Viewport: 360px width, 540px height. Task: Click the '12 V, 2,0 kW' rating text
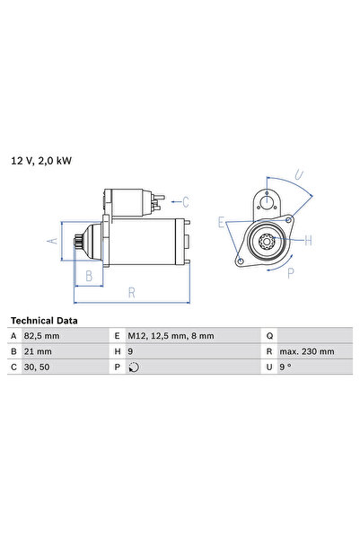click(x=40, y=161)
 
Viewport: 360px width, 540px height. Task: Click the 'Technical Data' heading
click(x=44, y=321)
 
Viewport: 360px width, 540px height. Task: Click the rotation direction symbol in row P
click(x=135, y=367)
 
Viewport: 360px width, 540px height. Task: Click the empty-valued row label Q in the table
click(x=269, y=336)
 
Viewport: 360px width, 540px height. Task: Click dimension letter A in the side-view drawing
click(x=53, y=241)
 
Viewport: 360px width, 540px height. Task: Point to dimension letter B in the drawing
click(x=89, y=276)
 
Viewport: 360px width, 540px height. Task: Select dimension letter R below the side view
click(x=132, y=292)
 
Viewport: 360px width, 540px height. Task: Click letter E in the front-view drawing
click(x=221, y=219)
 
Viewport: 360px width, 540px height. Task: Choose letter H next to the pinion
click(x=307, y=240)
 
